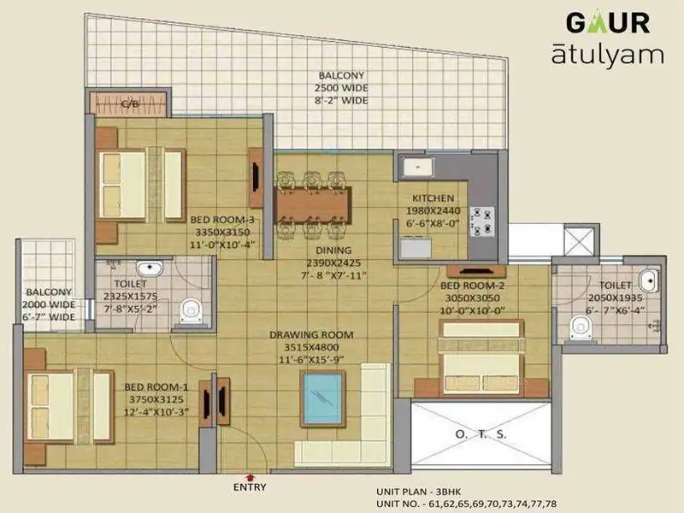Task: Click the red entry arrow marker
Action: [250, 478]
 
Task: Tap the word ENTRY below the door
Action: [250, 487]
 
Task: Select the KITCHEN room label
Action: [433, 198]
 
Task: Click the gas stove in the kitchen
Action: [482, 221]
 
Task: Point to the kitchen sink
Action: [418, 168]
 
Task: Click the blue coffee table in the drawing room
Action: [323, 398]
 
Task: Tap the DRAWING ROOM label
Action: [311, 335]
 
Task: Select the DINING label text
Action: [333, 251]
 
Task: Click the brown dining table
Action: [313, 205]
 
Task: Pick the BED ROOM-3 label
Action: [222, 220]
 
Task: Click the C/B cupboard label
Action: [130, 103]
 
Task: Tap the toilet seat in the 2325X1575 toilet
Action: [191, 310]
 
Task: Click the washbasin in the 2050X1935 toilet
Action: [649, 280]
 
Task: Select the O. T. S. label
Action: [481, 434]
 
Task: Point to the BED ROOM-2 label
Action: [473, 286]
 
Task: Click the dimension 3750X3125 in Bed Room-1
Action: [156, 399]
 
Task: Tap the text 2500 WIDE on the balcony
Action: [341, 88]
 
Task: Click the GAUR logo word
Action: [608, 23]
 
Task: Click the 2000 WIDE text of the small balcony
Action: [49, 304]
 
